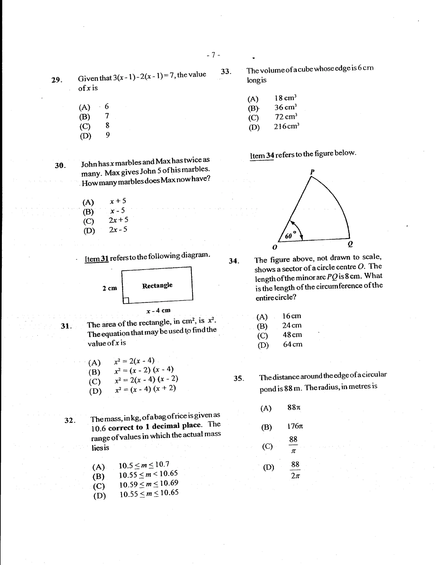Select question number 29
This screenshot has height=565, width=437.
(x=57, y=80)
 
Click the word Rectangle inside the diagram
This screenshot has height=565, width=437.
(x=157, y=286)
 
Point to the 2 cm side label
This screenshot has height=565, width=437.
(x=110, y=288)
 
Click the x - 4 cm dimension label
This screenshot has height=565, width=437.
(x=158, y=311)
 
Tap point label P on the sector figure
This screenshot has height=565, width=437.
(x=312, y=172)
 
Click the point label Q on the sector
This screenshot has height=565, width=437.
(x=350, y=244)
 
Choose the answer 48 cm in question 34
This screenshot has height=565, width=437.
(x=292, y=335)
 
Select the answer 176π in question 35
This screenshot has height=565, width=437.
(x=295, y=426)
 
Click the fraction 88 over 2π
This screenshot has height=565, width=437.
(x=295, y=470)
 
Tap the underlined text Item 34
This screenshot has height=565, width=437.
(x=262, y=156)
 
